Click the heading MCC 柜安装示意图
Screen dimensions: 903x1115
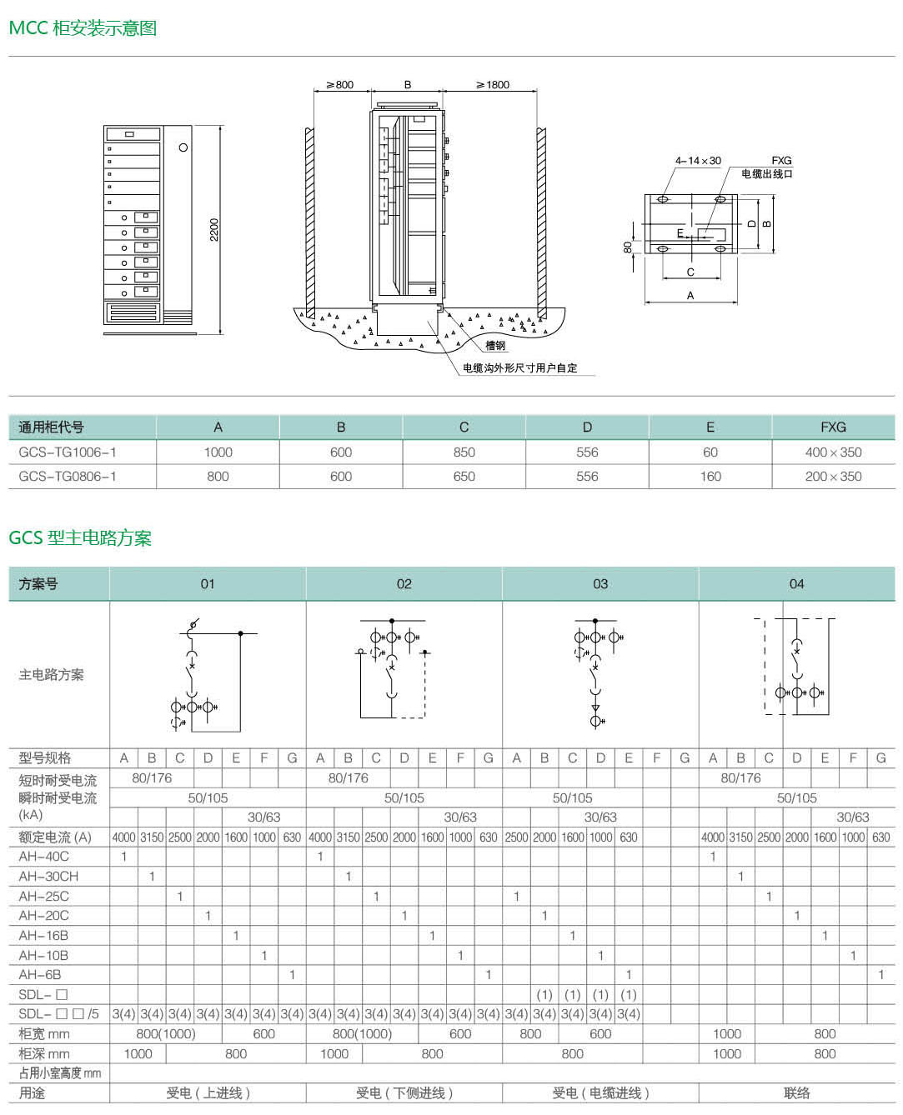tap(83, 27)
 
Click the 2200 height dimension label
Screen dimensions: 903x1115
tap(214, 229)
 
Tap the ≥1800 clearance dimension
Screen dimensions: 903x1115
tap(492, 85)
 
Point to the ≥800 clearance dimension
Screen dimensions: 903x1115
tap(340, 85)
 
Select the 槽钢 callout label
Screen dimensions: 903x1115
tap(495, 345)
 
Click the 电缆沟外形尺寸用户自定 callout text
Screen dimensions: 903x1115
tap(519, 368)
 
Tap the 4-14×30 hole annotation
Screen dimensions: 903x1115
tap(698, 161)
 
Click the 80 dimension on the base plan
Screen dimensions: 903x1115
tap(628, 247)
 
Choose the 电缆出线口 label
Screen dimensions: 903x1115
tap(766, 174)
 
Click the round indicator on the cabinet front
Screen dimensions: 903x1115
tap(183, 147)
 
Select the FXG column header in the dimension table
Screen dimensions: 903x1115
tap(833, 427)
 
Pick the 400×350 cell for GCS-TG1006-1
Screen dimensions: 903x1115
tap(833, 452)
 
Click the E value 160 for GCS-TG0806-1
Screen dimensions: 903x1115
tap(710, 477)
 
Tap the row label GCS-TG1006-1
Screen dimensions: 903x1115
tap(68, 452)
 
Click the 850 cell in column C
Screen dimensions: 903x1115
tap(464, 452)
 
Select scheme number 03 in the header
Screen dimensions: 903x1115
tap(600, 583)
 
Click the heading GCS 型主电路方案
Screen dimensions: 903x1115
tap(80, 537)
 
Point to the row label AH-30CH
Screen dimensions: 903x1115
tap(48, 876)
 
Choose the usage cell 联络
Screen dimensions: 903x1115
tap(796, 1093)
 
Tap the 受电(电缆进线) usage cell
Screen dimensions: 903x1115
tap(600, 1093)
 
